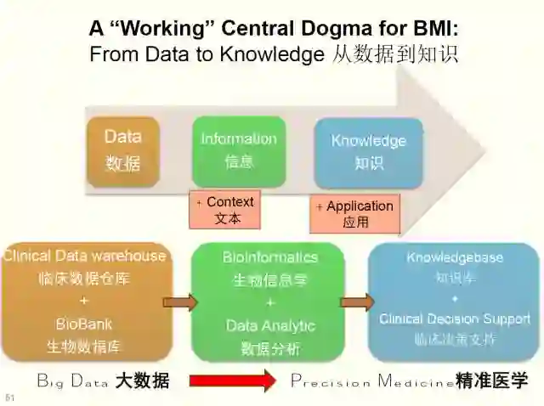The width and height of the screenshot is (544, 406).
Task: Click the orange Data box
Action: pyautogui.click(x=123, y=150)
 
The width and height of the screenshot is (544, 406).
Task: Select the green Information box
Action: pyautogui.click(x=238, y=150)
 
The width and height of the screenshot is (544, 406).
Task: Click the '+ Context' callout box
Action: pyautogui.click(x=225, y=210)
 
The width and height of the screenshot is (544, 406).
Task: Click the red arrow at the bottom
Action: pyautogui.click(x=232, y=381)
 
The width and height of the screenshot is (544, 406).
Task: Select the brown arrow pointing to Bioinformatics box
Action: pyautogui.click(x=179, y=302)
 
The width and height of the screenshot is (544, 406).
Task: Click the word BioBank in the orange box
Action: pyautogui.click(x=84, y=324)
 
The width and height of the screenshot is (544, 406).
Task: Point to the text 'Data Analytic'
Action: pyautogui.click(x=270, y=325)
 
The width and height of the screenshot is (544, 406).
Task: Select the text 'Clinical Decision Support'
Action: pyautogui.click(x=455, y=319)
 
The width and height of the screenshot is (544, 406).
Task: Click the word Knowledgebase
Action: pyautogui.click(x=455, y=257)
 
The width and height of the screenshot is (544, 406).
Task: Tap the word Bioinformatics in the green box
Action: pyautogui.click(x=270, y=257)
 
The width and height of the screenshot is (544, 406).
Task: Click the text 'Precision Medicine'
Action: pyautogui.click(x=372, y=381)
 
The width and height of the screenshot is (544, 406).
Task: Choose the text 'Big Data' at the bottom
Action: pyautogui.click(x=72, y=381)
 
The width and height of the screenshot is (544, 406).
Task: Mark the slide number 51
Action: pyautogui.click(x=10, y=397)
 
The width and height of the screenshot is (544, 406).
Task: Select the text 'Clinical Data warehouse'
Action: pyautogui.click(x=84, y=256)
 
